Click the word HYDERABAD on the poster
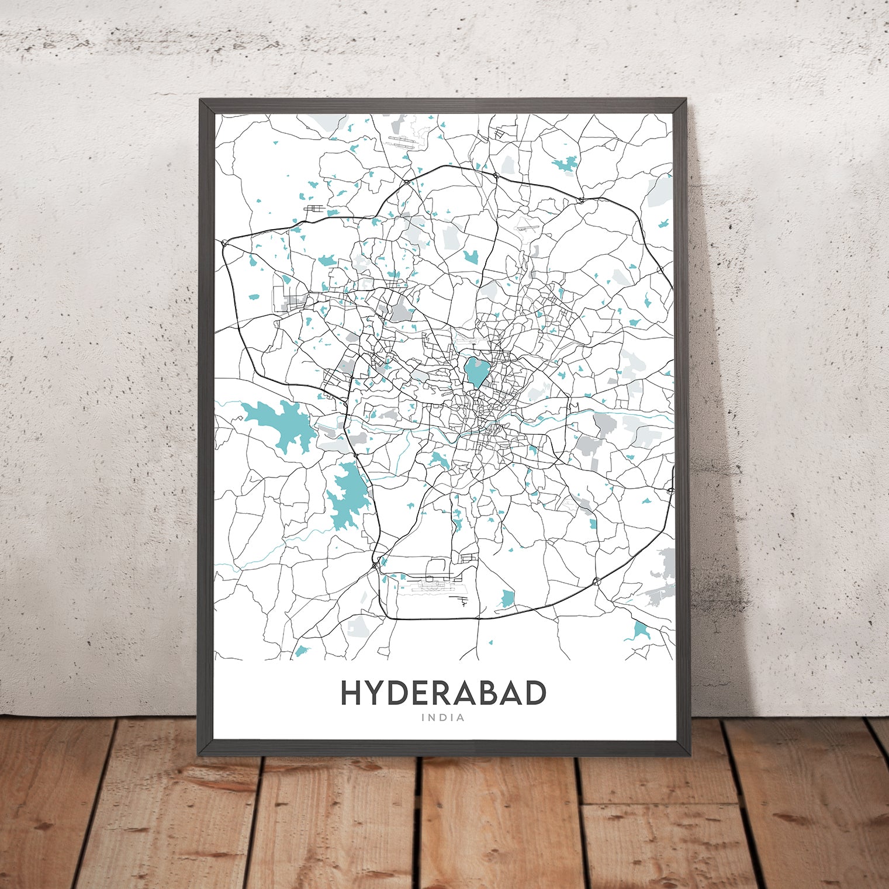pyautogui.click(x=443, y=693)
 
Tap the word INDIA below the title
pyautogui.click(x=443, y=718)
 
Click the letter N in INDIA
pyautogui.click(x=433, y=718)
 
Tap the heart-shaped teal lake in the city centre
pyautogui.click(x=476, y=372)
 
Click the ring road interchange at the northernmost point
pyautogui.click(x=496, y=175)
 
